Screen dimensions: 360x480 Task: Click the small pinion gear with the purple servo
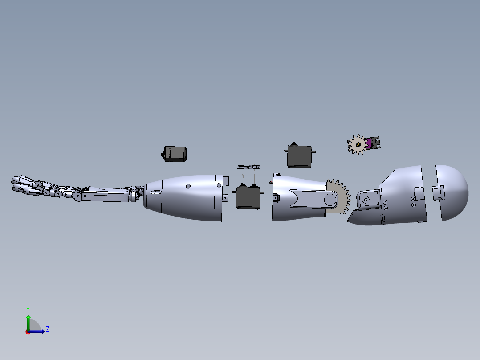(358, 145)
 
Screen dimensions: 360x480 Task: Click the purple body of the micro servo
(369, 143)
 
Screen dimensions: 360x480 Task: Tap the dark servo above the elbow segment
(299, 156)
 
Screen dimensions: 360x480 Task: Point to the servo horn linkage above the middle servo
(248, 167)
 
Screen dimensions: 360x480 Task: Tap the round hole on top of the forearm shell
(188, 186)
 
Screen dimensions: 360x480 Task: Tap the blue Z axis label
(47, 329)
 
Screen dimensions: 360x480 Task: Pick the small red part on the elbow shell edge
(272, 183)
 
